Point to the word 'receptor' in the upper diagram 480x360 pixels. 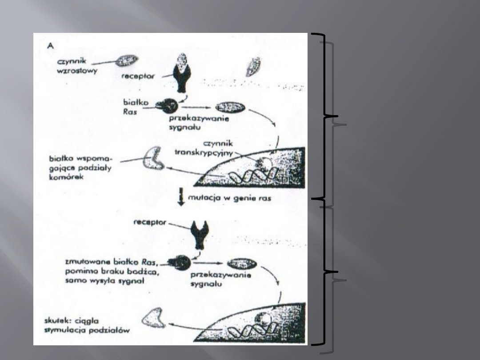coord(138,76)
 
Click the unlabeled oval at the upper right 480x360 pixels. coord(253,67)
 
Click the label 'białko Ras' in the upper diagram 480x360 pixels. coord(133,105)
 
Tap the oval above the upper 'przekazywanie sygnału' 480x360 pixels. coord(229,107)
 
